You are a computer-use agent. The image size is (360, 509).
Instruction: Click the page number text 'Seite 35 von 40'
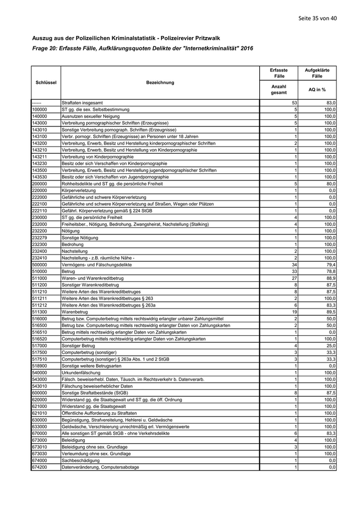point(317,19)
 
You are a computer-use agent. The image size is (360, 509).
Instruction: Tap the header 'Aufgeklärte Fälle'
point(317,72)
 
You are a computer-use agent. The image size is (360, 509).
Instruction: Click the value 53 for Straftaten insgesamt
point(294,103)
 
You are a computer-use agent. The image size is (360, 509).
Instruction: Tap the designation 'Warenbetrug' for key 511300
point(74,311)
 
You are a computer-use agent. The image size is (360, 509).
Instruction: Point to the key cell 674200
point(40,467)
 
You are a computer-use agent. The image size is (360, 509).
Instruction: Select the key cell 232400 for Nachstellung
point(40,251)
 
